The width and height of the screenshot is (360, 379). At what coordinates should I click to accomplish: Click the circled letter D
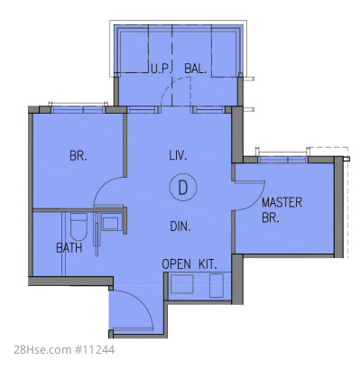pos(183,187)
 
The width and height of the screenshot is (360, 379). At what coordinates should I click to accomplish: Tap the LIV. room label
pos(178,155)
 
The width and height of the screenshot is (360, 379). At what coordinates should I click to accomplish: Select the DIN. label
pos(180,226)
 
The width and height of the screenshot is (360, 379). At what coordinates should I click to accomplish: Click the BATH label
pos(69,248)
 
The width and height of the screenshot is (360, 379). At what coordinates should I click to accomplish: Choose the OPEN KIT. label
pos(189,264)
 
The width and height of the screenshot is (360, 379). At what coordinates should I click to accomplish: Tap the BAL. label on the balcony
pos(196,69)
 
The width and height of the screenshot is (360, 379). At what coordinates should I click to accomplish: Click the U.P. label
pos(161,69)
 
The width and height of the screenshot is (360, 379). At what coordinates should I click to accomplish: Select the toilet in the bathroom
pos(78,226)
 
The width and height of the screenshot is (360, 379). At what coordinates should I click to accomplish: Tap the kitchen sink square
pos(182,284)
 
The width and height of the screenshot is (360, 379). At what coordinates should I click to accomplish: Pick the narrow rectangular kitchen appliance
pos(217,285)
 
